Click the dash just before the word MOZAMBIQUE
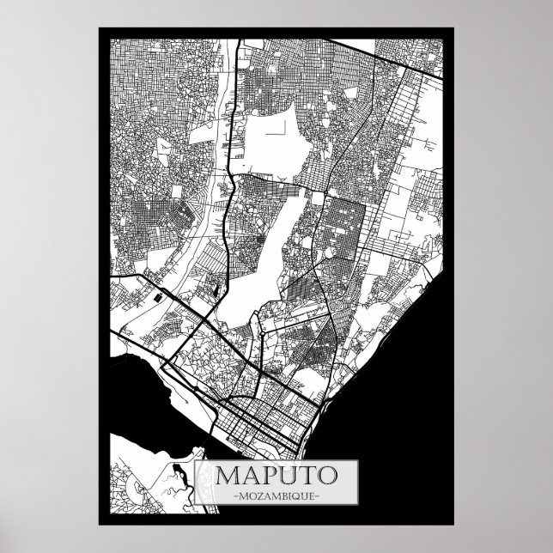[224, 496]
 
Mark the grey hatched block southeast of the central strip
[301, 288]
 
